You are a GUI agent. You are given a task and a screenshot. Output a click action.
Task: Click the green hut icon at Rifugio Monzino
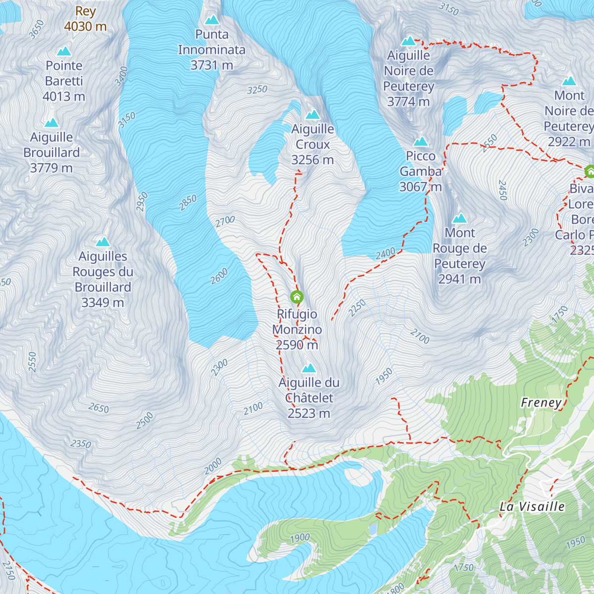point(297,297)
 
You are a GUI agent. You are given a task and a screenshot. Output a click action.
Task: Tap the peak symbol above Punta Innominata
point(212,20)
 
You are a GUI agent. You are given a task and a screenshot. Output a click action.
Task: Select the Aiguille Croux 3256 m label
point(312,145)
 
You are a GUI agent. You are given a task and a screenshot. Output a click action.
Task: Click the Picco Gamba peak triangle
point(420,142)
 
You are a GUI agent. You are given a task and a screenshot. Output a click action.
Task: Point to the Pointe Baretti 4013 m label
point(64,81)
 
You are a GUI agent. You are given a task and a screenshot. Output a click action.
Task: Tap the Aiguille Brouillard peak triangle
point(51,123)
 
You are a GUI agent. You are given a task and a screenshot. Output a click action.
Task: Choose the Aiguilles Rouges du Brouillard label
point(102,279)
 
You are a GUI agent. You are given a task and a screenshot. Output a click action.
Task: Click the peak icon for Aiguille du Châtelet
point(309,368)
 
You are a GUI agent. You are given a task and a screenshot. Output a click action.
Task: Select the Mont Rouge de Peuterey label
point(459,256)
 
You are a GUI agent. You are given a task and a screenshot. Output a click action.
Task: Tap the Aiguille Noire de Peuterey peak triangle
point(408,41)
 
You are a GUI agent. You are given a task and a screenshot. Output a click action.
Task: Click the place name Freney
point(541,403)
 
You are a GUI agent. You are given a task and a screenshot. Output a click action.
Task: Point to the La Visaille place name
point(532,506)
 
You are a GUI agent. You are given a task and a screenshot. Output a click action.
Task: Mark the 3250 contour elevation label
point(257,90)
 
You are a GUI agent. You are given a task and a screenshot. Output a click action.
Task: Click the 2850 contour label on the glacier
point(188,202)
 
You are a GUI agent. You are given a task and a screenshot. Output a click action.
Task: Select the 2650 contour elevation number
point(99,408)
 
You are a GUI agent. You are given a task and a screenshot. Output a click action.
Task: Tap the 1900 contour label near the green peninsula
point(300,538)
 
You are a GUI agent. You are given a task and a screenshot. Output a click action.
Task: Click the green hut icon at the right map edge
point(589,171)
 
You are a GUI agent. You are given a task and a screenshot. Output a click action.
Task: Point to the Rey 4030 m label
point(85,19)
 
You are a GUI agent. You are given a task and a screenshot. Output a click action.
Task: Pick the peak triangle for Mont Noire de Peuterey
point(569,81)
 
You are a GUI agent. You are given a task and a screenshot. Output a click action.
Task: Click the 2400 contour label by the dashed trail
point(385,253)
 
